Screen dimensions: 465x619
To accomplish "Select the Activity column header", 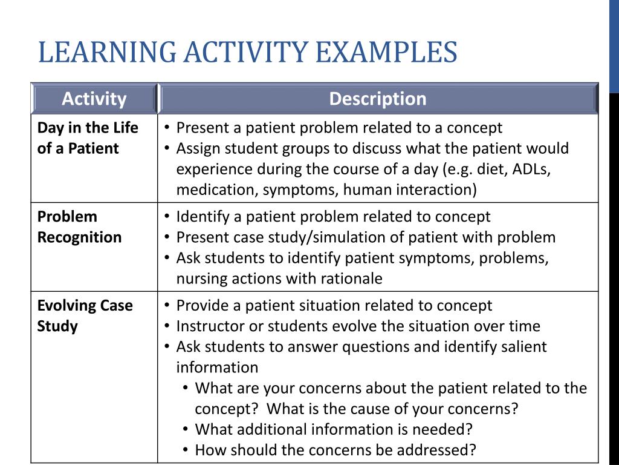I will point(94,99).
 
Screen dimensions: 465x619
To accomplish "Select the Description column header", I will point(378,99).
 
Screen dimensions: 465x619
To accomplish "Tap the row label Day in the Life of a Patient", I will point(88,138).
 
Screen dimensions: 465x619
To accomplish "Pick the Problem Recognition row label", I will point(79,227).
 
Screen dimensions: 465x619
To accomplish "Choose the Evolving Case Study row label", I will point(85,315).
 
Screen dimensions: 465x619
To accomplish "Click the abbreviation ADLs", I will point(531,170).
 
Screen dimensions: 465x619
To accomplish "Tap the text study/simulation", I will point(314,237).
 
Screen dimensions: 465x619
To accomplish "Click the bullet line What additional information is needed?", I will point(333,429).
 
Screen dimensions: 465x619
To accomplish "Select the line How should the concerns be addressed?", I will point(335,450).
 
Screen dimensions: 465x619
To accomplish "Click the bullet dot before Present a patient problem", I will point(167,128).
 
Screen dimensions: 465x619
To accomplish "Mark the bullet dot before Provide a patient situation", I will point(167,306).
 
